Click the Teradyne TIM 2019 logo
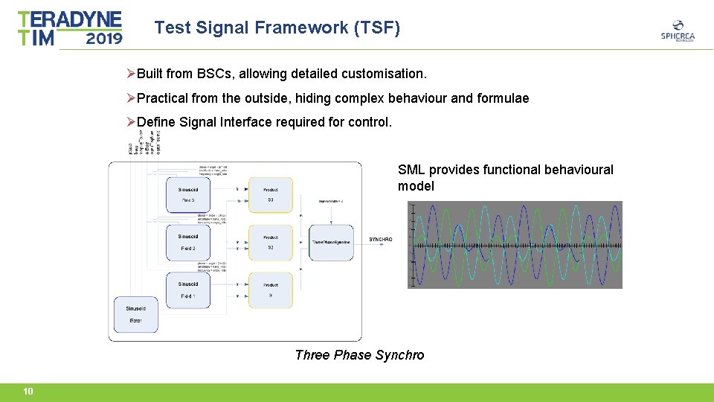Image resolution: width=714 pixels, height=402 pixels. [x=70, y=28]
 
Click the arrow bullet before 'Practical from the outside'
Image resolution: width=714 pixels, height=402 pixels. [x=131, y=98]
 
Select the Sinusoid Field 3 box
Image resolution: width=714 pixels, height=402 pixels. [x=187, y=195]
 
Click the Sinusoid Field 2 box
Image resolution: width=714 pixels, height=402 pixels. [x=187, y=243]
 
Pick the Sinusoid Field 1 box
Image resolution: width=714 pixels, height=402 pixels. [x=187, y=290]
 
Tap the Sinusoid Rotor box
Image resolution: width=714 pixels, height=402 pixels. [x=135, y=314]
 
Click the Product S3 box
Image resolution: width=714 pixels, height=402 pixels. [x=270, y=195]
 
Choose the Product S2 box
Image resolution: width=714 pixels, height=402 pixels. [x=270, y=243]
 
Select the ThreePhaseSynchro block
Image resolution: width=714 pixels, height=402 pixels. [x=332, y=242]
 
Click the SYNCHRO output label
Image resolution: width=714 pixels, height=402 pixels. [x=380, y=240]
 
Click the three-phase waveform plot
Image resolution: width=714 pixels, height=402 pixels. [x=515, y=244]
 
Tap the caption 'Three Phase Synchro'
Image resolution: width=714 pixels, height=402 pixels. [x=359, y=355]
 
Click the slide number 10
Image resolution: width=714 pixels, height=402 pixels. [x=28, y=392]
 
